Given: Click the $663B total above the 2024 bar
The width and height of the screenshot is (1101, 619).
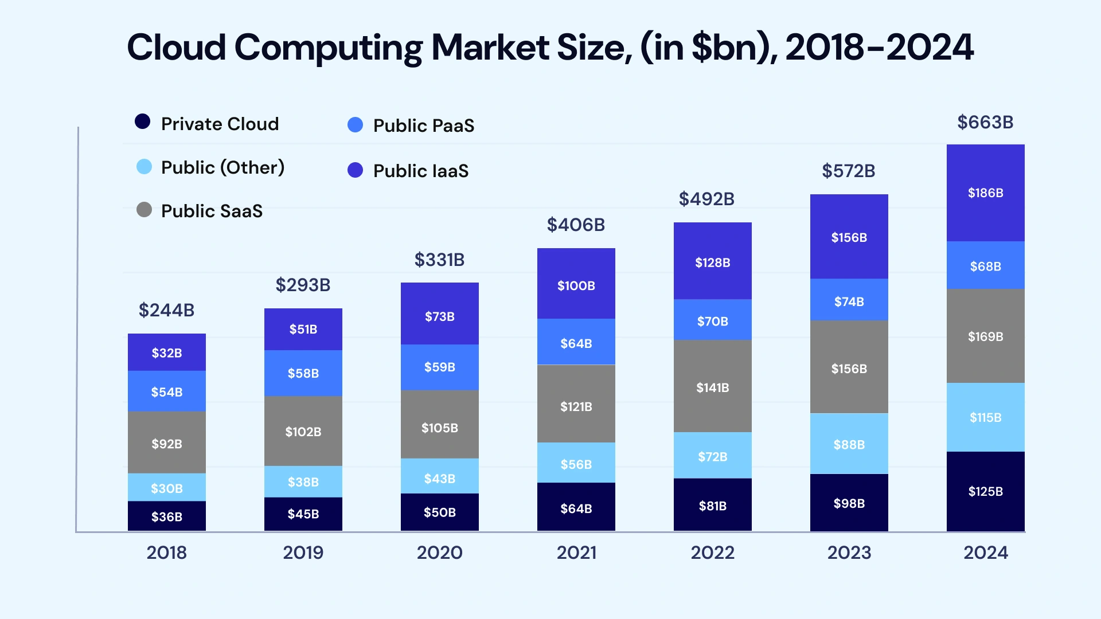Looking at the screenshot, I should click(x=985, y=122).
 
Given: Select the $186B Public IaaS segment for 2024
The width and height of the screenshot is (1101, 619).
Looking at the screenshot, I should click(x=985, y=193).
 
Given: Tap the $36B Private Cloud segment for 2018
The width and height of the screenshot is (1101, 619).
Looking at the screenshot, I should click(x=167, y=516).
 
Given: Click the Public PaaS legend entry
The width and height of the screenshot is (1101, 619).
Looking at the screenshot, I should click(x=423, y=126).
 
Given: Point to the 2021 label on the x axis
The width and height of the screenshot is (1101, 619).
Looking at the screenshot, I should click(x=576, y=553).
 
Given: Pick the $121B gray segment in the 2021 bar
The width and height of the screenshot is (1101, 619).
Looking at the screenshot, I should click(x=576, y=406).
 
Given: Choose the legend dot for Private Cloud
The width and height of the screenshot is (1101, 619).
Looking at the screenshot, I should click(x=143, y=122).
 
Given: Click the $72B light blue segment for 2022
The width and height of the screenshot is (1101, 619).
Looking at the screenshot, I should click(x=712, y=456).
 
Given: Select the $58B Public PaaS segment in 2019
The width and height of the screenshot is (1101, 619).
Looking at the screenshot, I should click(x=303, y=373).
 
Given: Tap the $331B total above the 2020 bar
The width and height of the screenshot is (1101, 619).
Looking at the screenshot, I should click(x=439, y=260).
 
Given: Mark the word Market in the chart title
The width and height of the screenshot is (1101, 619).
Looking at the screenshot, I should click(x=491, y=47).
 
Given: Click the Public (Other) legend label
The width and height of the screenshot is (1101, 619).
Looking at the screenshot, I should click(x=222, y=167).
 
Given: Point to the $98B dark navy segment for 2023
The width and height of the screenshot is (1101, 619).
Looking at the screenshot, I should click(x=849, y=503).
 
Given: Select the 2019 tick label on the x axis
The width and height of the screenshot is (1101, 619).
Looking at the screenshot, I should click(x=303, y=553).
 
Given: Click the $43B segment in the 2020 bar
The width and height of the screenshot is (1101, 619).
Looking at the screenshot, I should click(x=439, y=478).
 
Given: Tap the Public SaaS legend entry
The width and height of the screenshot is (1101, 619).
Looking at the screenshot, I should click(x=211, y=211).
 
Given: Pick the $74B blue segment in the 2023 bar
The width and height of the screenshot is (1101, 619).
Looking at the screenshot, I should click(x=849, y=301).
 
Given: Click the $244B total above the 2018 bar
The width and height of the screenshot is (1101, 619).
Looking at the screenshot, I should click(x=167, y=310).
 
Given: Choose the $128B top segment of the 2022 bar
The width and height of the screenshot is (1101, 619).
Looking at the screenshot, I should click(x=712, y=262).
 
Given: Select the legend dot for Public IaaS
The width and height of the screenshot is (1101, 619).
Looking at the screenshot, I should click(x=356, y=170).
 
